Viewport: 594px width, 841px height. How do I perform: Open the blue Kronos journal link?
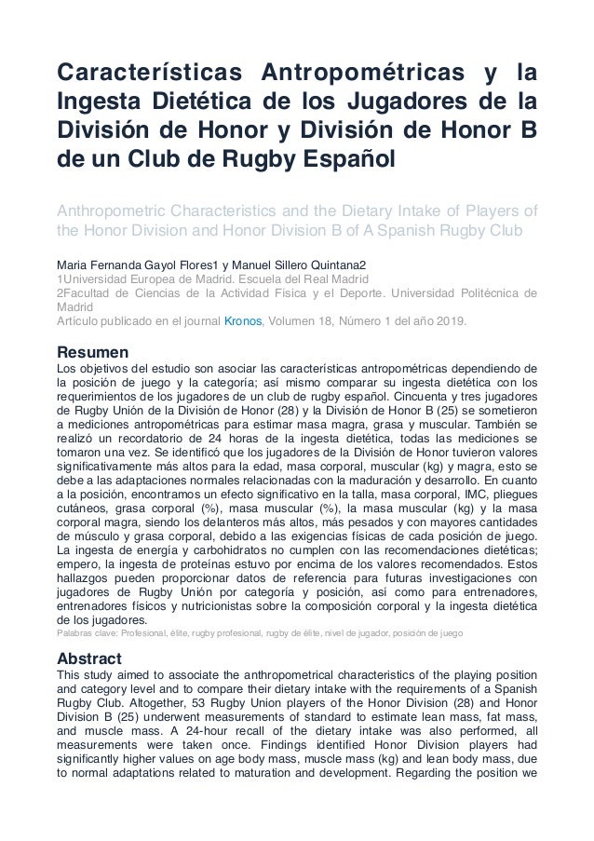275,322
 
